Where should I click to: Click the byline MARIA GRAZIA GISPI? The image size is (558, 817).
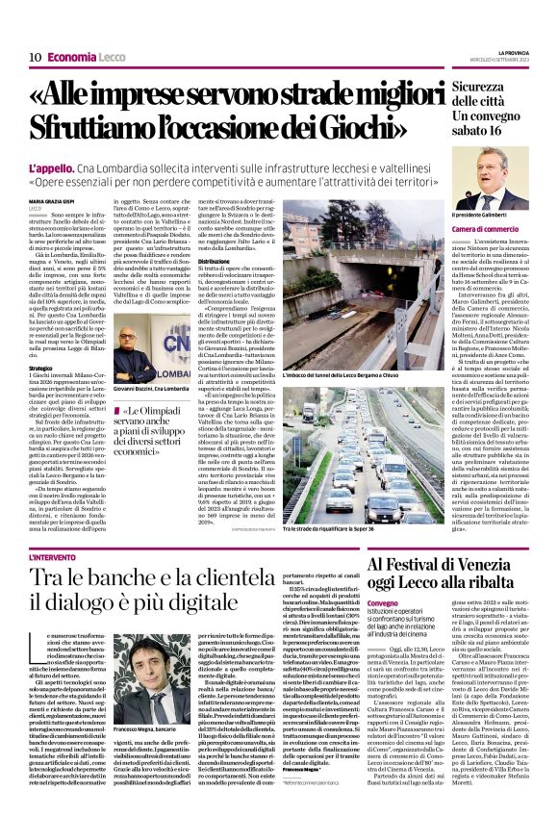tap(54, 200)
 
